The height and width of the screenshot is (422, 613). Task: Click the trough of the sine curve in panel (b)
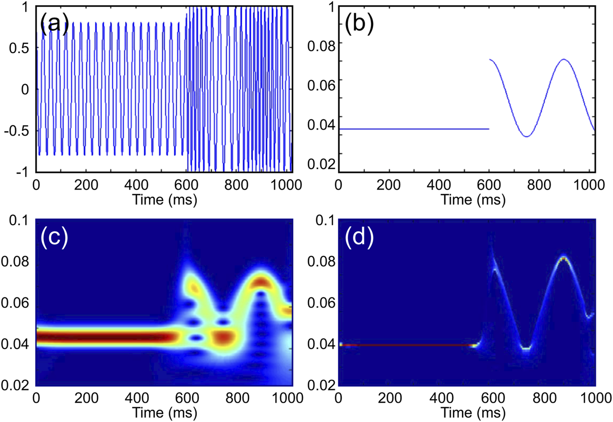click(526, 137)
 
